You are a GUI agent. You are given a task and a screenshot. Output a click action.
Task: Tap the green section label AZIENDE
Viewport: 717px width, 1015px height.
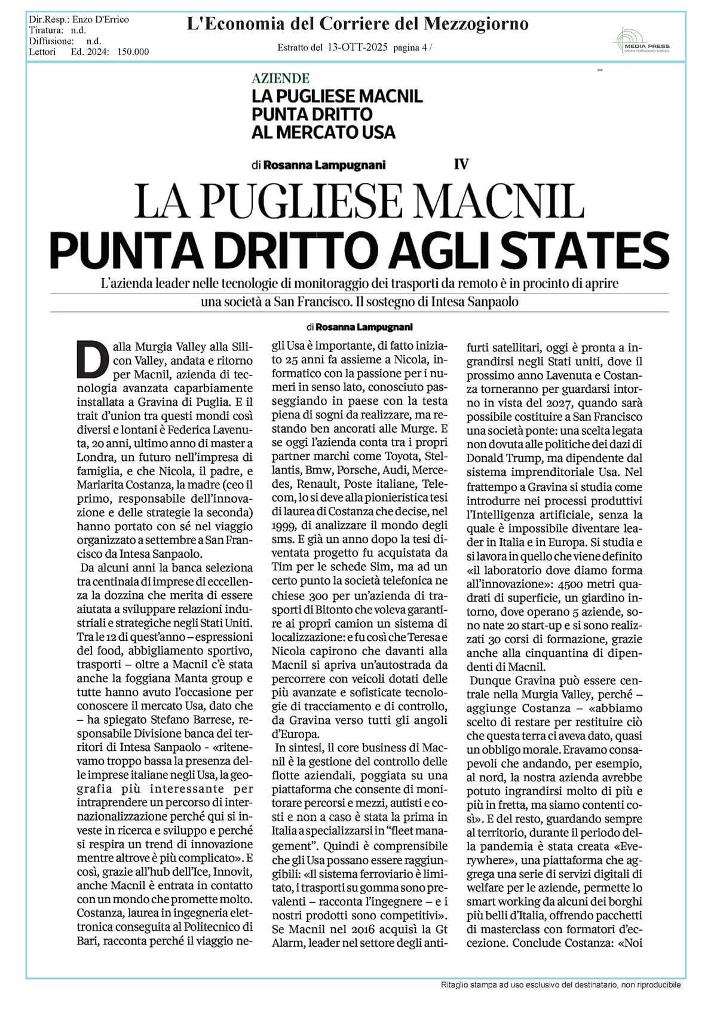[280, 78]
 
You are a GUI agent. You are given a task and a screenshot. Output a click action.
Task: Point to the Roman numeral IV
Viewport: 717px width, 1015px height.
[461, 164]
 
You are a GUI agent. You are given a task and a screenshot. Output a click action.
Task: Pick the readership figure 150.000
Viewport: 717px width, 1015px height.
[133, 52]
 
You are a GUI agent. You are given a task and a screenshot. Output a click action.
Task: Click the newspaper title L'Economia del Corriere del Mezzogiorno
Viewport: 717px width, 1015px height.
[357, 24]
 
